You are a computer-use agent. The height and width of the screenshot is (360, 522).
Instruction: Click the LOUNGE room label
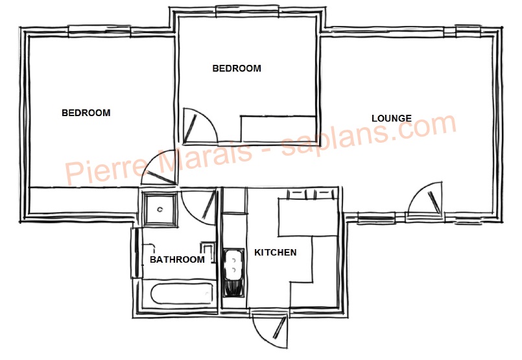392,118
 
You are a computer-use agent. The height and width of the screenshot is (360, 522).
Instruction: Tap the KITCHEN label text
276,252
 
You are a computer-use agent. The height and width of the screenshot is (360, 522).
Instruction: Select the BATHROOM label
177,259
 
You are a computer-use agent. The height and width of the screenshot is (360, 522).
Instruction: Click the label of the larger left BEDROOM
86,113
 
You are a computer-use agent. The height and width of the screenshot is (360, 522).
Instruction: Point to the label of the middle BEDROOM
237,68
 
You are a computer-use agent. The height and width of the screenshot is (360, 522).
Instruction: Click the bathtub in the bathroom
182,293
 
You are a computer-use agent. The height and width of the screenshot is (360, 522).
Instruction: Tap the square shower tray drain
160,210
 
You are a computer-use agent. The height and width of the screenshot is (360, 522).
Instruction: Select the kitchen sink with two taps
233,272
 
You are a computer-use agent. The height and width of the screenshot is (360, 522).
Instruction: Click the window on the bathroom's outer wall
136,253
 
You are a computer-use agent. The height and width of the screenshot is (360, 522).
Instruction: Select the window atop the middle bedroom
247,11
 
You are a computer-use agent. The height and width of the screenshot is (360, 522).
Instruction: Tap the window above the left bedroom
99,31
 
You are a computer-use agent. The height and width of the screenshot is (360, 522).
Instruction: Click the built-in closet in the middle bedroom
278,130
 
